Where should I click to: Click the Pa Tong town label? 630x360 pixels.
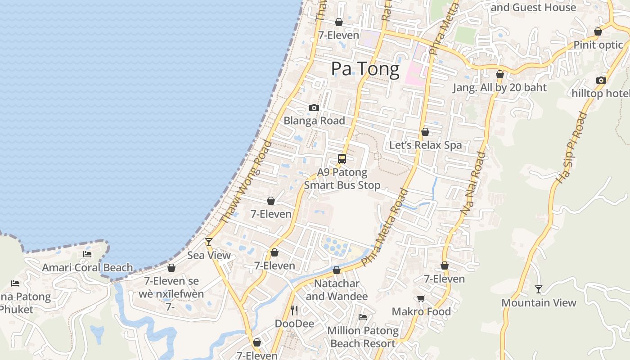pyautogui.click(x=365, y=69)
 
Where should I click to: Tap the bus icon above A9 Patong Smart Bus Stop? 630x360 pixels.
pyautogui.click(x=342, y=158)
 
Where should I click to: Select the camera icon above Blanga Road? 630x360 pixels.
pyautogui.click(x=314, y=108)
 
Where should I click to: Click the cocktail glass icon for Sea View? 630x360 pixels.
pyautogui.click(x=209, y=242)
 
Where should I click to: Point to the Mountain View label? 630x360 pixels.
pyautogui.click(x=539, y=302)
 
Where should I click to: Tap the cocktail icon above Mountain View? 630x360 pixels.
pyautogui.click(x=539, y=289)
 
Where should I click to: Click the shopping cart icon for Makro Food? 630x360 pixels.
pyautogui.click(x=421, y=298)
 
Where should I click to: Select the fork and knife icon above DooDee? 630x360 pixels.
pyautogui.click(x=294, y=310)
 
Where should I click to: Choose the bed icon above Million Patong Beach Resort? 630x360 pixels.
pyautogui.click(x=363, y=317)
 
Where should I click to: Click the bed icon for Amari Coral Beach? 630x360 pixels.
pyautogui.click(x=87, y=254)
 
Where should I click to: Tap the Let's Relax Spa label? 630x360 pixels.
pyautogui.click(x=425, y=145)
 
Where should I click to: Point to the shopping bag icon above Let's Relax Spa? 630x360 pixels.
pyautogui.click(x=425, y=132)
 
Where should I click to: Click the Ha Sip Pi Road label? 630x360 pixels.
pyautogui.click(x=572, y=147)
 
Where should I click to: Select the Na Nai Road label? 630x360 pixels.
pyautogui.click(x=474, y=183)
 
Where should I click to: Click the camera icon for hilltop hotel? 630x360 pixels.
pyautogui.click(x=601, y=80)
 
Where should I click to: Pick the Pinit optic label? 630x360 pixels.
pyautogui.click(x=598, y=45)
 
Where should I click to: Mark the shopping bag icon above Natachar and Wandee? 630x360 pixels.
pyautogui.click(x=337, y=270)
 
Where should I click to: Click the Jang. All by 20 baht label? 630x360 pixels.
pyautogui.click(x=499, y=87)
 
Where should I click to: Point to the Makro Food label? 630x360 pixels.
pyautogui.click(x=421, y=311)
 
